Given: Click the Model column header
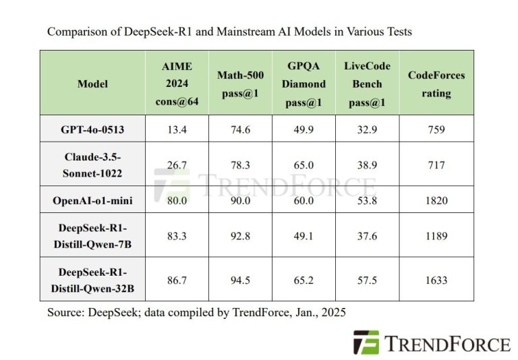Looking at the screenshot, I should [x=92, y=84].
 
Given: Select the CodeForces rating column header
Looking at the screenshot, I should [x=436, y=84].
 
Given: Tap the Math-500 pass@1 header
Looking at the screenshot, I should [x=241, y=84].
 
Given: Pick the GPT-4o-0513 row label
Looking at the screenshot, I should [x=92, y=129].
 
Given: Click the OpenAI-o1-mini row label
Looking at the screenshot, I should [x=92, y=200].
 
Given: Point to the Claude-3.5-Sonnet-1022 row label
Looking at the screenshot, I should [x=92, y=164].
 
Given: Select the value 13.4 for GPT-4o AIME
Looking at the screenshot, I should [x=177, y=129].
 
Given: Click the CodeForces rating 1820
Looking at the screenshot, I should [x=436, y=200].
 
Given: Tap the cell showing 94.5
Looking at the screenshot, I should [x=241, y=280].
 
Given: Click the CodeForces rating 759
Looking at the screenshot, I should [x=436, y=129].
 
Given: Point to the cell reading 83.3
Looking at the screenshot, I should [x=177, y=236].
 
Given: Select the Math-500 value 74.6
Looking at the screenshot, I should [x=241, y=129].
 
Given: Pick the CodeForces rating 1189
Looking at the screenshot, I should [x=436, y=236].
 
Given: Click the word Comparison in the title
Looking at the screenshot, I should [x=76, y=32].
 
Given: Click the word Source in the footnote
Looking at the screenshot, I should [x=65, y=313].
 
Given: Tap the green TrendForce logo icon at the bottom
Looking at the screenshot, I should [x=366, y=342].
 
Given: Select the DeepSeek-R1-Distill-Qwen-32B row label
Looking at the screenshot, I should [x=92, y=280].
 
